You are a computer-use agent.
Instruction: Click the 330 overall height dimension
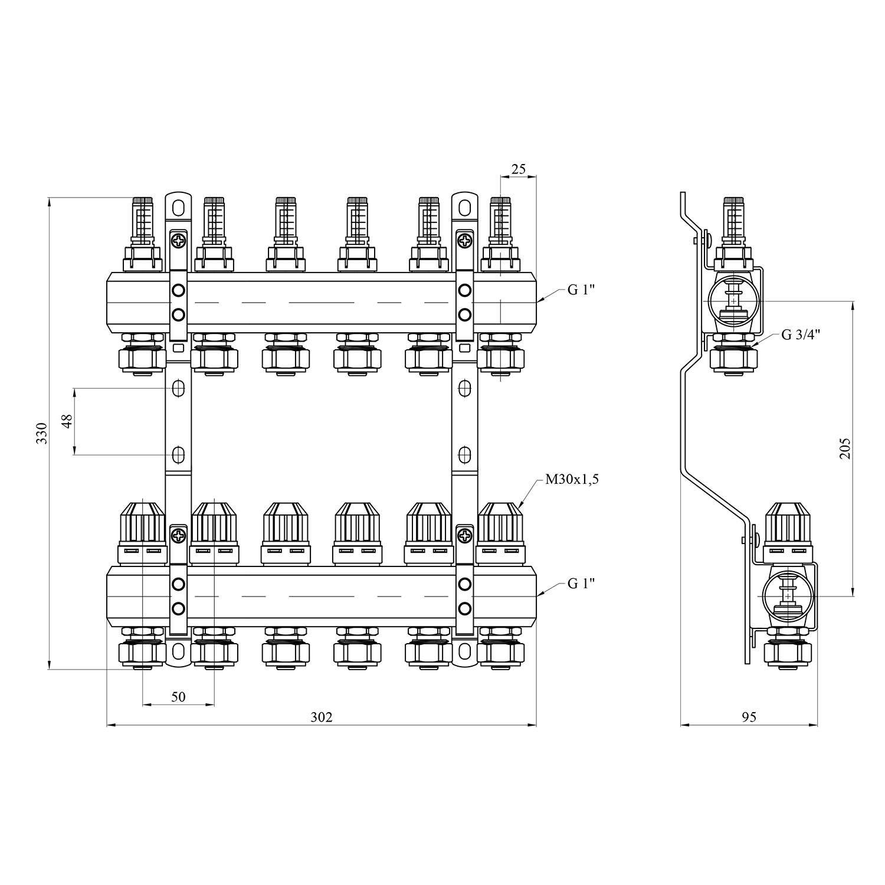click(41, 434)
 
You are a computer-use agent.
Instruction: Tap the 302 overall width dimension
click(322, 717)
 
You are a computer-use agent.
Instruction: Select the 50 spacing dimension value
click(178, 697)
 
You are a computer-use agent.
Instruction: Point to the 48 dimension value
click(67, 421)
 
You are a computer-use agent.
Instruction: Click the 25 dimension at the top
click(518, 169)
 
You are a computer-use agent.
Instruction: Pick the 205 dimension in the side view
click(845, 448)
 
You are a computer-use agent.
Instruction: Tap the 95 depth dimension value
click(749, 717)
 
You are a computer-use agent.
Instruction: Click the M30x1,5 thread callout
click(572, 480)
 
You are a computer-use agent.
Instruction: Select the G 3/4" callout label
click(801, 335)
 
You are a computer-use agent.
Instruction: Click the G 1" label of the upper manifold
click(581, 290)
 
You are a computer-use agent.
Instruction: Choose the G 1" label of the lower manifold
click(581, 584)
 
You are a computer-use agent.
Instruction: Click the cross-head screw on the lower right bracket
click(465, 536)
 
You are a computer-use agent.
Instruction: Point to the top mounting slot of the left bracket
click(178, 208)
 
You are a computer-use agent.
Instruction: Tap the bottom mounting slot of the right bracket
click(465, 651)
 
